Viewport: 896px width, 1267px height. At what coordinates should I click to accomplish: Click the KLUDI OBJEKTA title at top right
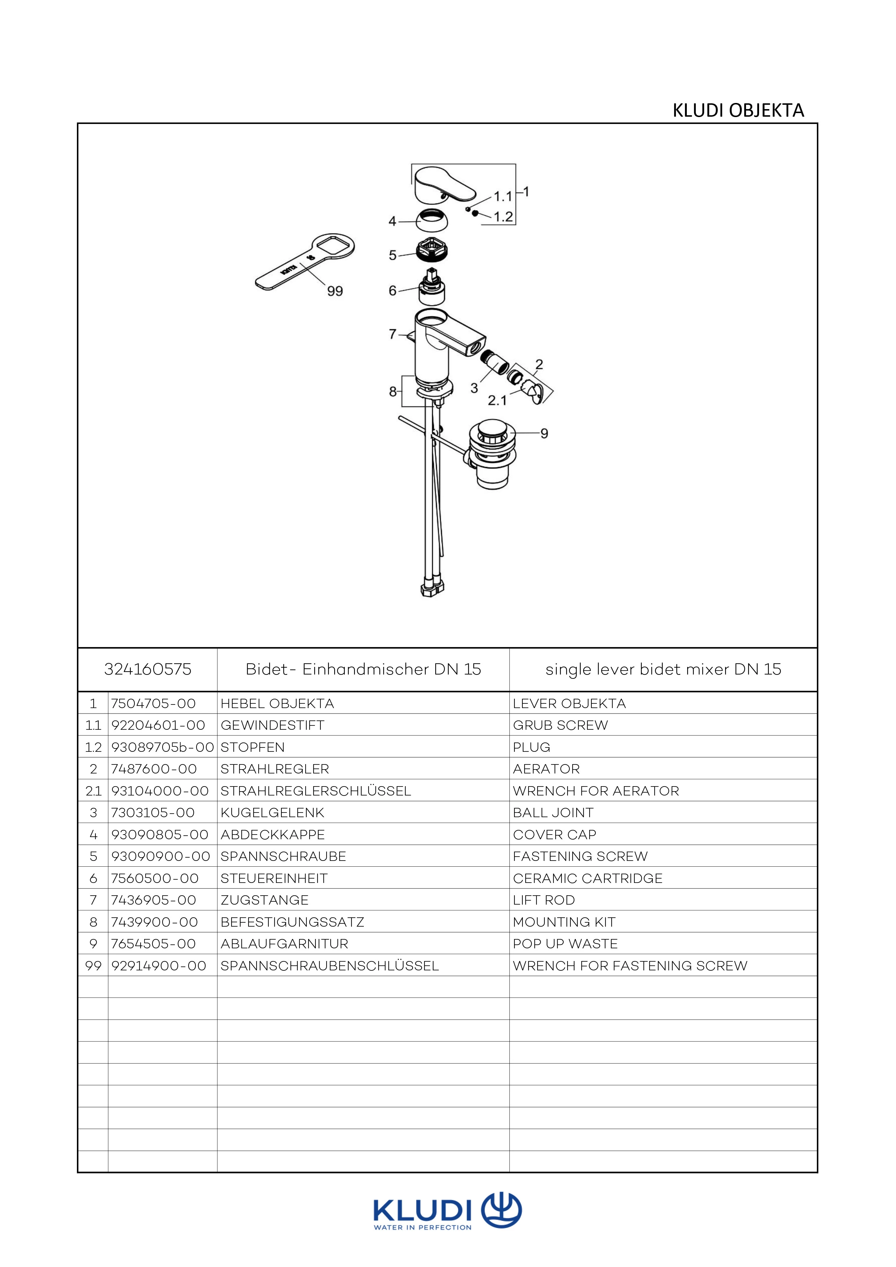tap(738, 111)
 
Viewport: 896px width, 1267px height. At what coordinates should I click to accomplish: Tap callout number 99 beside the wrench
tap(335, 291)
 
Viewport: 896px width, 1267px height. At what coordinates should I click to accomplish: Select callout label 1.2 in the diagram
tap(503, 217)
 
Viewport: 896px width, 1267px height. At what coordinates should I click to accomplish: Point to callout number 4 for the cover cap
tap(392, 221)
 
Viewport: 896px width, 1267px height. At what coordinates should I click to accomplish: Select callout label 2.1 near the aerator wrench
tap(497, 400)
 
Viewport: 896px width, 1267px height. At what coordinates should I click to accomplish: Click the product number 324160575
tap(147, 669)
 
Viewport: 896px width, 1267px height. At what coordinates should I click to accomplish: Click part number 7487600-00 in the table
tap(154, 769)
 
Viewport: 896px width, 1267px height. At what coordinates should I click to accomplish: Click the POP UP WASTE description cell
tap(565, 944)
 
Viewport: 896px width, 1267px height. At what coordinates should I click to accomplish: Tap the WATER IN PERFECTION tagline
tap(423, 1228)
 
